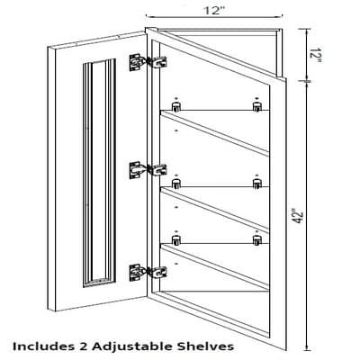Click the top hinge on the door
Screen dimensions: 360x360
pyautogui.click(x=148, y=62)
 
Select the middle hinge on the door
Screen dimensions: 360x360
pyautogui.click(x=148, y=170)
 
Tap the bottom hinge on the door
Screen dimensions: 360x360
pyautogui.click(x=148, y=272)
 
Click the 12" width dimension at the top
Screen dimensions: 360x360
pyautogui.click(x=214, y=11)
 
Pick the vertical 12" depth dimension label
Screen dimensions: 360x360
pyautogui.click(x=315, y=55)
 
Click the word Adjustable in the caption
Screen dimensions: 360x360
pyautogui.click(x=132, y=346)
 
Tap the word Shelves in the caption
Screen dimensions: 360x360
pyautogui.click(x=205, y=346)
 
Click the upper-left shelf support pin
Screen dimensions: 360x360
pyautogui.click(x=175, y=105)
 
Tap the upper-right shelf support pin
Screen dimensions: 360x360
pyautogui.click(x=256, y=105)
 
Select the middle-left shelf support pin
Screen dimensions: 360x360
pyautogui.click(x=175, y=182)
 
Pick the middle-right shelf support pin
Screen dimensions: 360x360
pyautogui.click(x=256, y=182)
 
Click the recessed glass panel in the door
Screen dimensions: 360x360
pyautogui.click(x=99, y=173)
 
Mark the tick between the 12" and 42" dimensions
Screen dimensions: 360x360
pyautogui.click(x=306, y=81)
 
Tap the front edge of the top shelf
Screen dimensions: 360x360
pyautogui.click(x=215, y=133)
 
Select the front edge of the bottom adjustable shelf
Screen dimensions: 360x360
pyautogui.click(x=215, y=266)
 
